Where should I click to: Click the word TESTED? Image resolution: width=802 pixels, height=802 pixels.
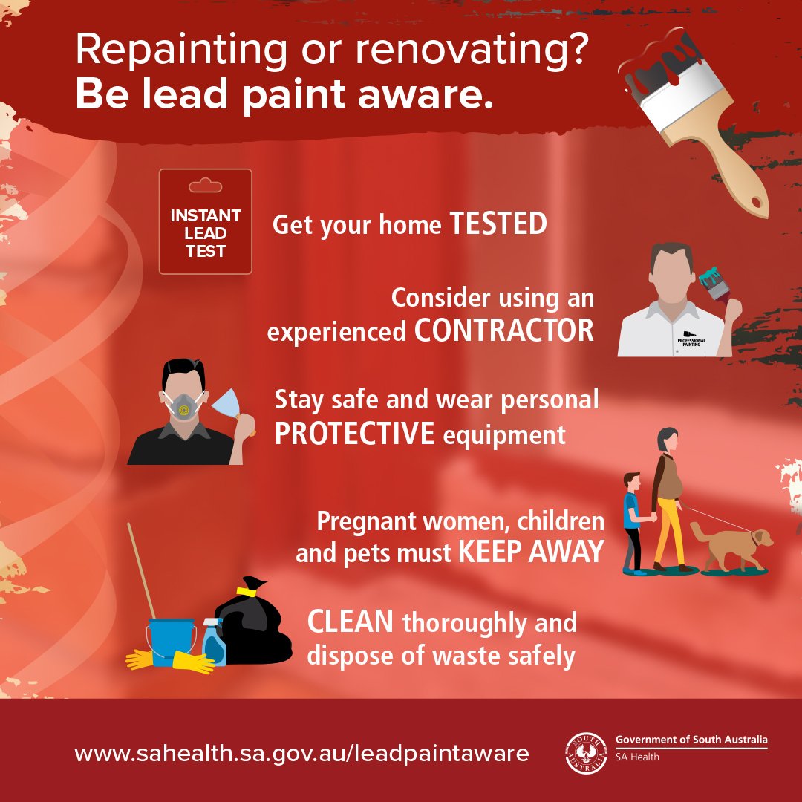(498, 224)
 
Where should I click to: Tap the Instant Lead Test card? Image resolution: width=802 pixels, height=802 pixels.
(205, 222)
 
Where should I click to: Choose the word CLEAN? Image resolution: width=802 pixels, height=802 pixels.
(350, 623)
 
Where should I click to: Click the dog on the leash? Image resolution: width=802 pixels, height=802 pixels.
(728, 546)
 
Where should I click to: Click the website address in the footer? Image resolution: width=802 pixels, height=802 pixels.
(301, 754)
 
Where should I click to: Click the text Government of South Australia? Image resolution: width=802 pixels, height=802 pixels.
(691, 740)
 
